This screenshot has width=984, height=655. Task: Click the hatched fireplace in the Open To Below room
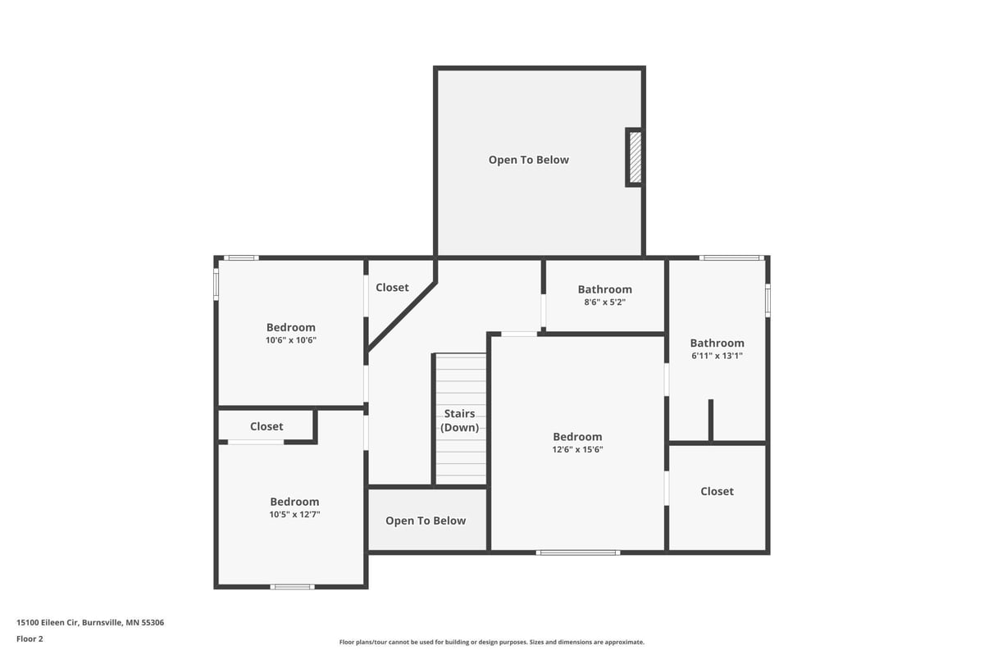click(635, 157)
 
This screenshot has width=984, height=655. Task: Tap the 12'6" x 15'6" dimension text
click(577, 449)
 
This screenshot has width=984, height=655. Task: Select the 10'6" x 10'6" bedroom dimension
click(291, 340)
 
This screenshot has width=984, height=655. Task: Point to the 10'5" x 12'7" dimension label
click(294, 515)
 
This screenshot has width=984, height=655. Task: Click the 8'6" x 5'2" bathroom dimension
click(604, 302)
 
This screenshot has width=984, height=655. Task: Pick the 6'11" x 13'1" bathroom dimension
click(717, 356)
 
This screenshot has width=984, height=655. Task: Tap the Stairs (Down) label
click(459, 421)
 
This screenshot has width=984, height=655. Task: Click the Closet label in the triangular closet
click(392, 287)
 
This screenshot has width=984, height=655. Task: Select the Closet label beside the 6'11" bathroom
click(717, 491)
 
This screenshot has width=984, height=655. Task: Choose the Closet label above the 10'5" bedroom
click(266, 426)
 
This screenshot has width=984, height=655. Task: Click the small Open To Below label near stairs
click(426, 521)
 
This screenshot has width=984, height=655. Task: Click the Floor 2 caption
click(30, 639)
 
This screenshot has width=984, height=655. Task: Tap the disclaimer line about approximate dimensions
click(491, 642)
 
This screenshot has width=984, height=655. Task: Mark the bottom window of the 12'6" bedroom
click(577, 553)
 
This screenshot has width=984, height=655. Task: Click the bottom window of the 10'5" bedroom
click(292, 586)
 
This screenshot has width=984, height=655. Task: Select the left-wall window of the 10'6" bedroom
click(216, 284)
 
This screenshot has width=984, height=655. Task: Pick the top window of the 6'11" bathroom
click(731, 258)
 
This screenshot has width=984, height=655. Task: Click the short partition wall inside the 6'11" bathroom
click(710, 421)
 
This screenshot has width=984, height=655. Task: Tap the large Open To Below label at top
click(528, 160)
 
